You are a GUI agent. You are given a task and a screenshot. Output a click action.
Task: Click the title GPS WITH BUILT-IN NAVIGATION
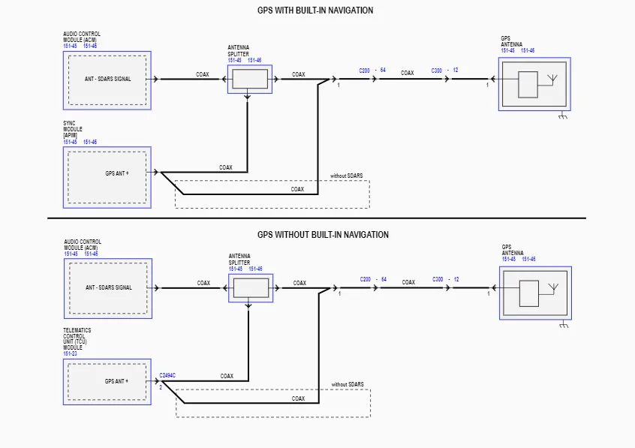pos(315,10)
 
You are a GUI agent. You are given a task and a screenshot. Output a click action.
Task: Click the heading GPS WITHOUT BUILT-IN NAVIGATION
pos(323,235)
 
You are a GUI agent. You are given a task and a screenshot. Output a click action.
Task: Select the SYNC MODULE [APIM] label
pos(73,129)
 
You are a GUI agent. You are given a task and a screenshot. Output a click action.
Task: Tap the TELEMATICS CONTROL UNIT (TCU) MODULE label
pos(77,338)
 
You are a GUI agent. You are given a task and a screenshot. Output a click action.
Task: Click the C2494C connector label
pos(167,375)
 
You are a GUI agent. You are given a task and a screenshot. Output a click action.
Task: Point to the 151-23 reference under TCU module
pos(70,353)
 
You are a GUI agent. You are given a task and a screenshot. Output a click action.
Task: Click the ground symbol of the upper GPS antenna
pos(563,116)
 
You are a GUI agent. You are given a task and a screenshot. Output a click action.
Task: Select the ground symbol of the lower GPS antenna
pos(564,324)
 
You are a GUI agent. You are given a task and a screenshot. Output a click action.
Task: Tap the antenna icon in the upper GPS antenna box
pos(552,80)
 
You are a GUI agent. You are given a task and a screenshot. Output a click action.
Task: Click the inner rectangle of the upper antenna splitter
pos(250,79)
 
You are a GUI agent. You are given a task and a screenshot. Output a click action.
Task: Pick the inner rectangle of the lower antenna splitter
pos(251,287)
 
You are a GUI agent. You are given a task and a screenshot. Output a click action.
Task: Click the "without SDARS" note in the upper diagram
pos(346,176)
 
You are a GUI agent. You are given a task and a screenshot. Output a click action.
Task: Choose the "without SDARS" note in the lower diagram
pos(348,384)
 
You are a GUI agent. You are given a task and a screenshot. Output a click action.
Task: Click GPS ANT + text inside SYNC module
pos(117,173)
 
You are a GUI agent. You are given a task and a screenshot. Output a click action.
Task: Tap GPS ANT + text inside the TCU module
pos(116,381)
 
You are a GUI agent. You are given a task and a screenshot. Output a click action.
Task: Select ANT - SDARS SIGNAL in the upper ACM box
pos(108,79)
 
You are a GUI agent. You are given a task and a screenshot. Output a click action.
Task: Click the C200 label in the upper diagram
pos(365,71)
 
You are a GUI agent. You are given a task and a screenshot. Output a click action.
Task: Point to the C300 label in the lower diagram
pos(438,279)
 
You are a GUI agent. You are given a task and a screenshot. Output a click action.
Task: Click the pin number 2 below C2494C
pos(161,388)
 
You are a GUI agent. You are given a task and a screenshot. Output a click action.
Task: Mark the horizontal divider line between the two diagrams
pos(317,218)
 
